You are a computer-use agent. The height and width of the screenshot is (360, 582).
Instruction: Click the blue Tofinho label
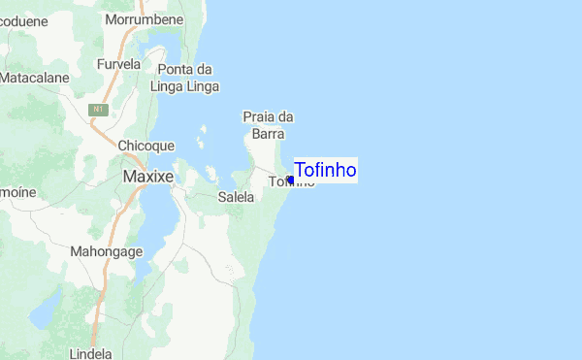pos(325,171)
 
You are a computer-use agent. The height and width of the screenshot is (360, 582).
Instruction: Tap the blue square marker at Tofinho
pos(290,180)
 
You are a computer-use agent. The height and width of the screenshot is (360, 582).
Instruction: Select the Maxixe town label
pos(148,178)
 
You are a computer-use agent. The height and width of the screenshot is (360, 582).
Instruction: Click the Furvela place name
pos(118,64)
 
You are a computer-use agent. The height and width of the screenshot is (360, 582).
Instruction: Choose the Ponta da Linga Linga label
pos(184,77)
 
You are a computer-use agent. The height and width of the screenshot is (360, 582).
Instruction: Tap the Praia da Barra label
pos(267,125)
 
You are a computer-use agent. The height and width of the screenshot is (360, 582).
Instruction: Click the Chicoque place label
pos(145,146)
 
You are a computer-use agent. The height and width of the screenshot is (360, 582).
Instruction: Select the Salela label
pos(236,197)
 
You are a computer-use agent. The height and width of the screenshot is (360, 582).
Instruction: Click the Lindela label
pos(91,353)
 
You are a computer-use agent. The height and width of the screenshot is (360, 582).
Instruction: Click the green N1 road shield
pos(97,110)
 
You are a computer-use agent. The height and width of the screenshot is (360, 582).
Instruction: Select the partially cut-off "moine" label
pos(17,192)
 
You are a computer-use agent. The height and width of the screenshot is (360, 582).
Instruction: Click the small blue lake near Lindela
pos(45,313)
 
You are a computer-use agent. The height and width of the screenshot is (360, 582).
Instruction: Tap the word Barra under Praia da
pos(267,134)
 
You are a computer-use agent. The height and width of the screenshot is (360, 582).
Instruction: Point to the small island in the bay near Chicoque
pos(201,143)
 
